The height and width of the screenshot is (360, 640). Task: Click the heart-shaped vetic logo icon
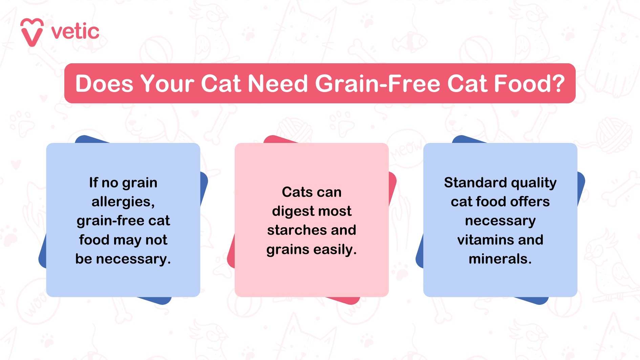point(32,32)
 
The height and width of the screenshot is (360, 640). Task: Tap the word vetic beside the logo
point(75,32)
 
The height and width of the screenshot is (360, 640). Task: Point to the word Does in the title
point(104,83)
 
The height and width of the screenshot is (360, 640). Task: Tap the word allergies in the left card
point(123,202)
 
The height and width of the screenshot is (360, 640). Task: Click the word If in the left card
point(93,183)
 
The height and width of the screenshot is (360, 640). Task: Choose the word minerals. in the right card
point(500,259)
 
